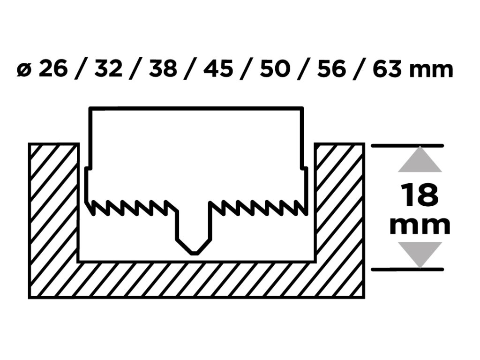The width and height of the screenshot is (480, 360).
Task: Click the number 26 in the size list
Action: click(52, 69)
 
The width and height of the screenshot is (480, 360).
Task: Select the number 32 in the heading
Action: click(108, 69)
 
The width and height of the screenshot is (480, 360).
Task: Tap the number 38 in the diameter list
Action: click(164, 69)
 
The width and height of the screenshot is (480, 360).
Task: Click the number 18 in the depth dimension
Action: click(420, 195)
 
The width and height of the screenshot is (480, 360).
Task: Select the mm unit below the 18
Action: click(420, 225)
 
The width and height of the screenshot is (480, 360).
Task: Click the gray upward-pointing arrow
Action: click(420, 160)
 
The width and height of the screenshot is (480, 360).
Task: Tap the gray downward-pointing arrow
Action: click(420, 254)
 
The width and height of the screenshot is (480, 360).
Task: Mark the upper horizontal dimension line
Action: click(407, 146)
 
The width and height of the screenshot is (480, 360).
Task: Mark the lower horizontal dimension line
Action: click(407, 269)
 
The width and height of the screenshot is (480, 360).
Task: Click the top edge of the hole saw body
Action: click(196, 109)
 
